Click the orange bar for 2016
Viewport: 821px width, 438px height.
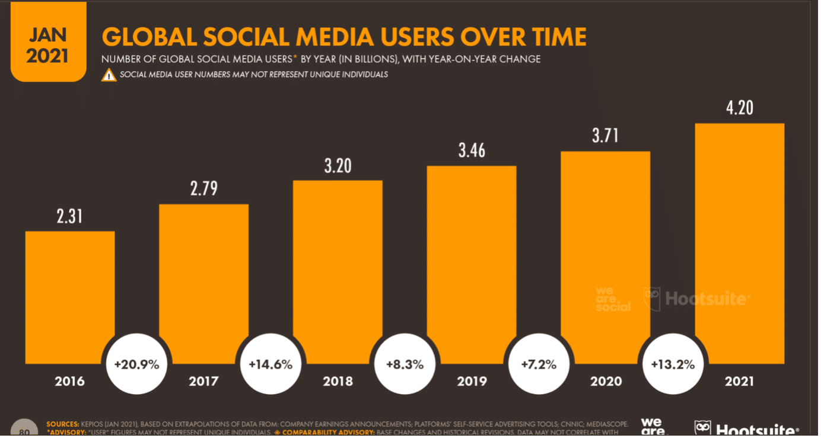[70, 296]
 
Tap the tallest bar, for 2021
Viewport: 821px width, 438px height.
[740, 243]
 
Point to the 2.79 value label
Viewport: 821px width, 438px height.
[203, 189]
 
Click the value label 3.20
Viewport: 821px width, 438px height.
[338, 165]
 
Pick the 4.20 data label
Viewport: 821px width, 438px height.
[739, 108]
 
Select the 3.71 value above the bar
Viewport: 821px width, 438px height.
[605, 136]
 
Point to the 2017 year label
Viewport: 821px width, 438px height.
[203, 381]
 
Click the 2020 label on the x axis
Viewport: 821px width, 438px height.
[606, 381]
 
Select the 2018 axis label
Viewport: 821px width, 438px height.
[338, 381]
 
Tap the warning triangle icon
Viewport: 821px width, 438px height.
[109, 75]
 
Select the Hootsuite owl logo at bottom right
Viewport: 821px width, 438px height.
[704, 429]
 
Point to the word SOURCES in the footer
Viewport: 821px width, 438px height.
[63, 424]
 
